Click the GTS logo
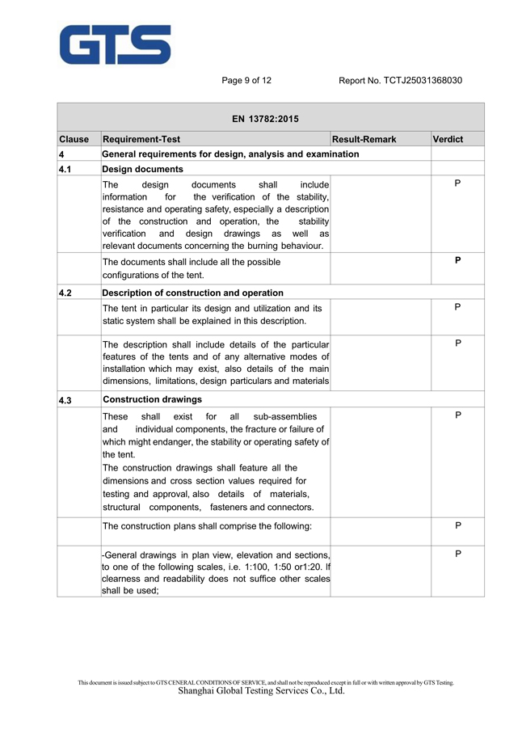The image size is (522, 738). coord(116,44)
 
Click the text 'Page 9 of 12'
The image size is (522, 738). coord(246,81)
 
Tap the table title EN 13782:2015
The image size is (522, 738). coord(265,119)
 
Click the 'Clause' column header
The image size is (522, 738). coord(74,140)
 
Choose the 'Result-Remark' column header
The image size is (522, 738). coord(364,140)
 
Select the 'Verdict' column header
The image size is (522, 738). coord(448,140)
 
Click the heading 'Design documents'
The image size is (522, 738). coord(142,170)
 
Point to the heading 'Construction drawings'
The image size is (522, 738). coord(152,399)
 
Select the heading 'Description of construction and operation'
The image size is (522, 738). coord(192,293)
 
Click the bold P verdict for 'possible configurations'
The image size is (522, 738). coord(457,261)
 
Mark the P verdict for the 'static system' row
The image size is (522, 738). coord(457,307)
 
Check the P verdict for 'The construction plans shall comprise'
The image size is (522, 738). coord(457,525)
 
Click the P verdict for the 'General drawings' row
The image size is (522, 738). coord(457,554)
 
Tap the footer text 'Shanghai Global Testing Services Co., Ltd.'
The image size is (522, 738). coord(261,691)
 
